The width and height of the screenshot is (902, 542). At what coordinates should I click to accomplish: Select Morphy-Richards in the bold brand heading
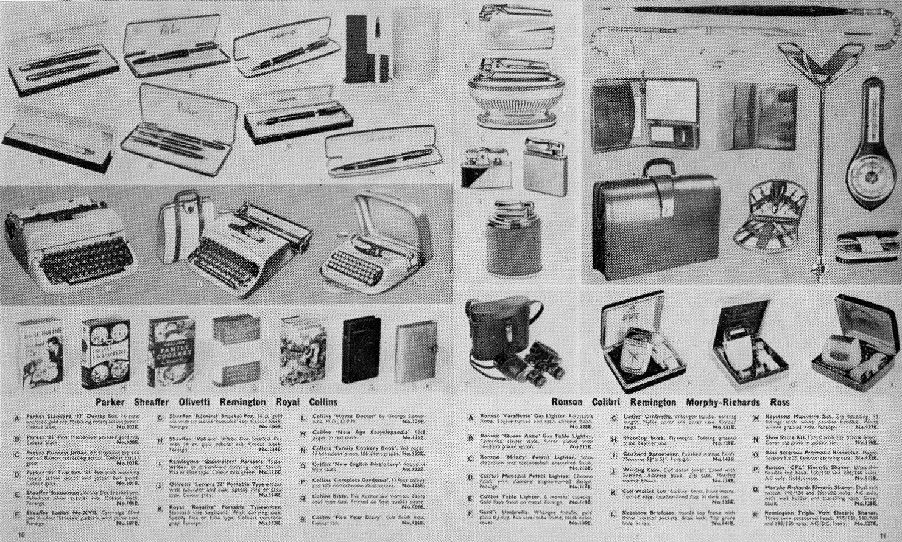pyautogui.click(x=722, y=402)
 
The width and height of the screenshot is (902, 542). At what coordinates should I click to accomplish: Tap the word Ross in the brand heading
pyautogui.click(x=780, y=402)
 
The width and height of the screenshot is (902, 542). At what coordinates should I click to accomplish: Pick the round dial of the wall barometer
pyautogui.click(x=865, y=176)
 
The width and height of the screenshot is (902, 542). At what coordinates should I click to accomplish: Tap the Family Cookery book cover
pyautogui.click(x=172, y=351)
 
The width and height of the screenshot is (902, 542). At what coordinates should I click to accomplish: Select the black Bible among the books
pyautogui.click(x=361, y=350)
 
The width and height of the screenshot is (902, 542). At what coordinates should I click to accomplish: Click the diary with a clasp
pyautogui.click(x=415, y=351)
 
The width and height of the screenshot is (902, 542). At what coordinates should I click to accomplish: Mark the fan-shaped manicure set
pyautogui.click(x=770, y=217)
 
